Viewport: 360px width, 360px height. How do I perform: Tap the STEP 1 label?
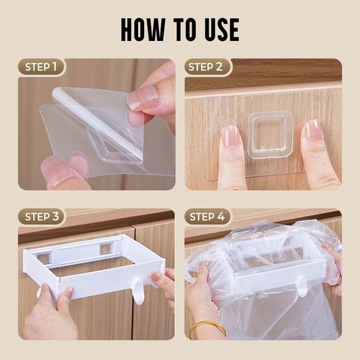[41, 67]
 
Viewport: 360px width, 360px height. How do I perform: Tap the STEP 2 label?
[207, 67]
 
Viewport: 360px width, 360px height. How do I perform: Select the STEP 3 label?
[41, 217]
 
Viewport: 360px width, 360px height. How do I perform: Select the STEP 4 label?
[207, 217]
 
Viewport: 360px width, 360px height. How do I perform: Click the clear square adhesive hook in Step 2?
[269, 135]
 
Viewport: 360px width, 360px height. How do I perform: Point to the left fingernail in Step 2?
[230, 135]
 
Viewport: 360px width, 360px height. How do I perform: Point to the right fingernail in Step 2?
[312, 130]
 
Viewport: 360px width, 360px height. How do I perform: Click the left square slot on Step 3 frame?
[43, 257]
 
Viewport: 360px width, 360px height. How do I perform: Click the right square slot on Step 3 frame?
[106, 248]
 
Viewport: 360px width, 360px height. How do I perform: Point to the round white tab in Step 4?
[303, 288]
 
